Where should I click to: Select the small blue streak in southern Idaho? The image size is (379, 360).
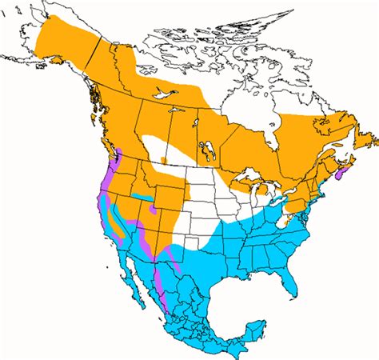point(142,197)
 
